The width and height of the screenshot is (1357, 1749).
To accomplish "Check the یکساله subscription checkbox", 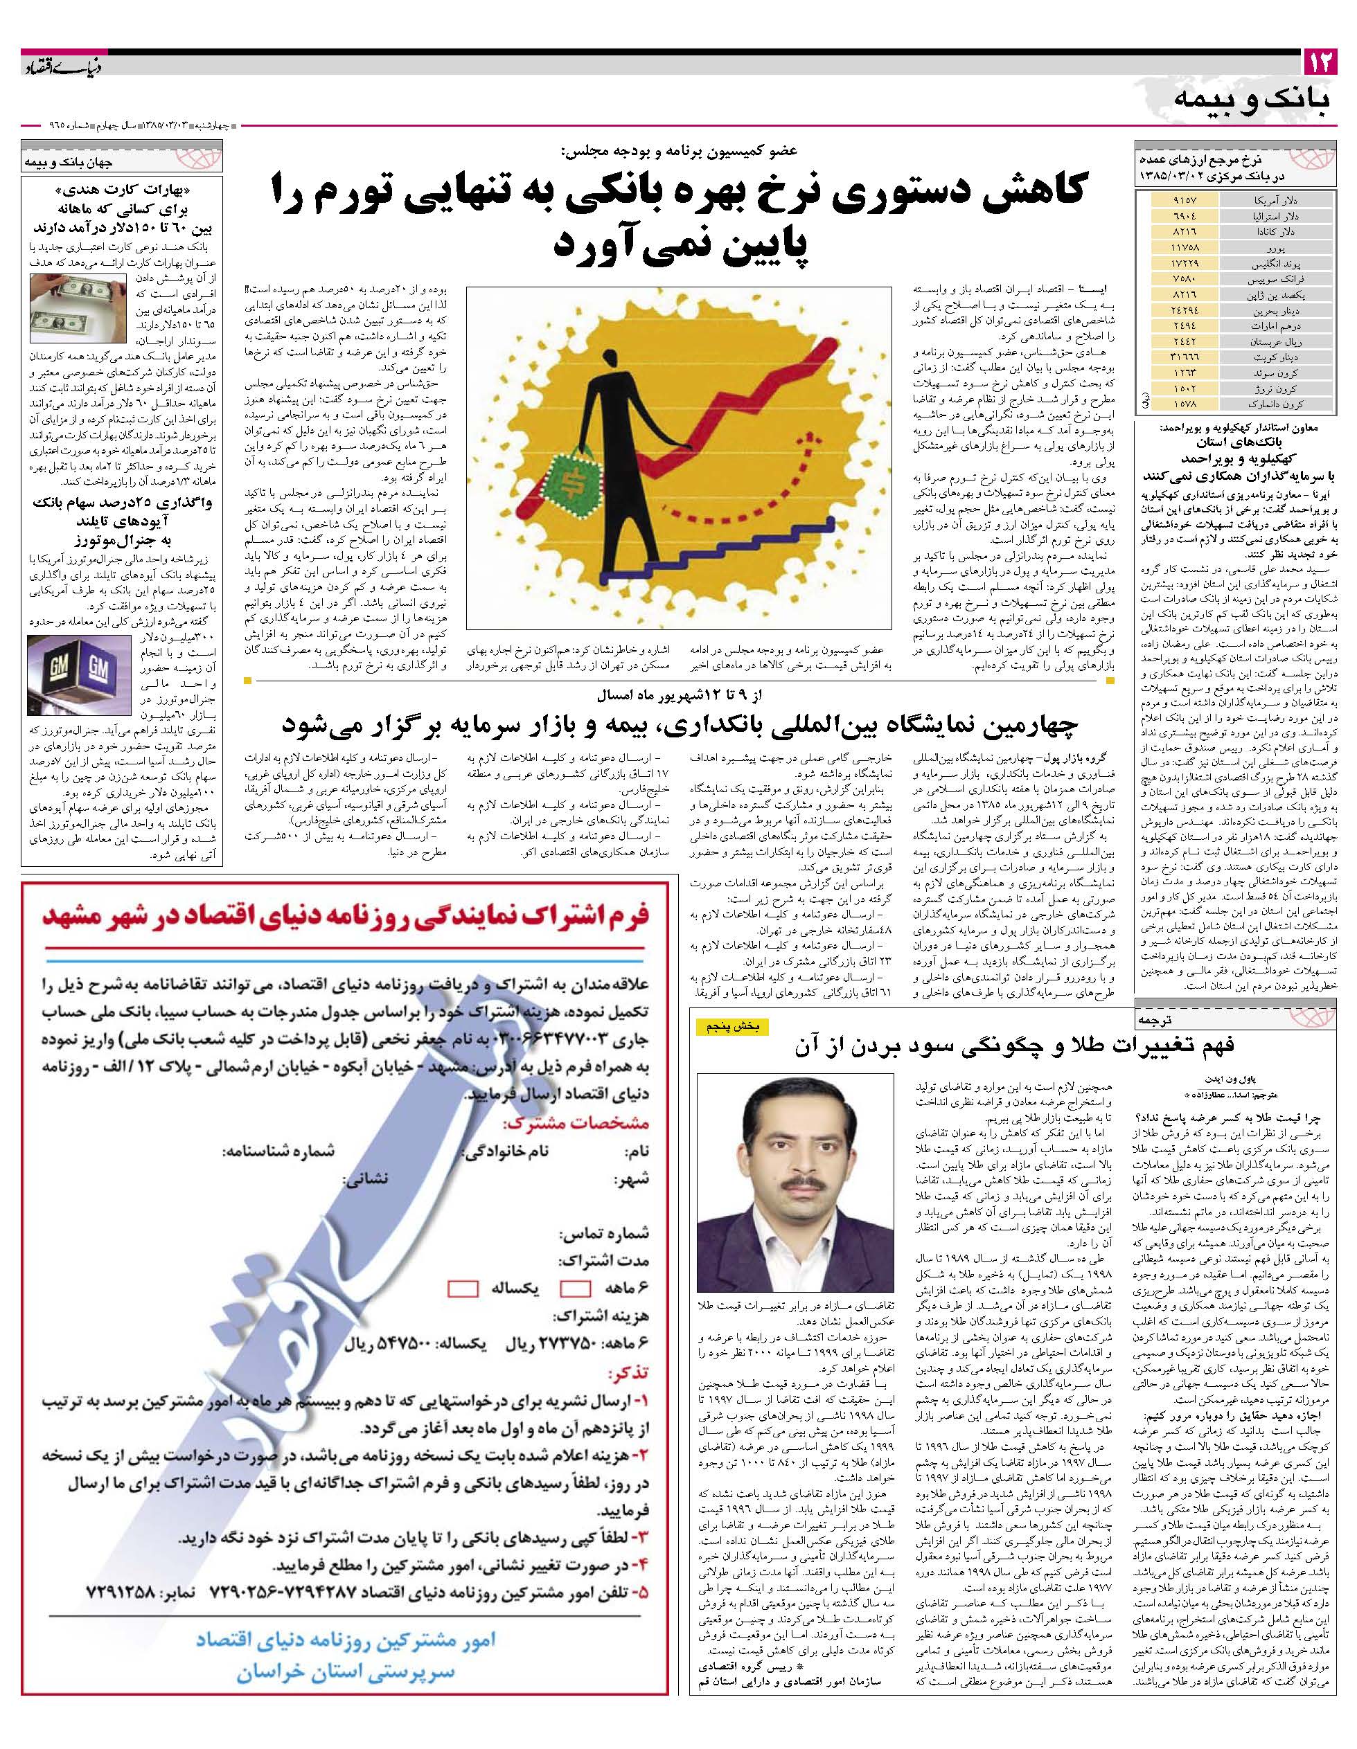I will pyautogui.click(x=463, y=1289).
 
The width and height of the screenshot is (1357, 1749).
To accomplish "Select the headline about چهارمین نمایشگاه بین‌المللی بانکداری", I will pyautogui.click(x=680, y=726).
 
